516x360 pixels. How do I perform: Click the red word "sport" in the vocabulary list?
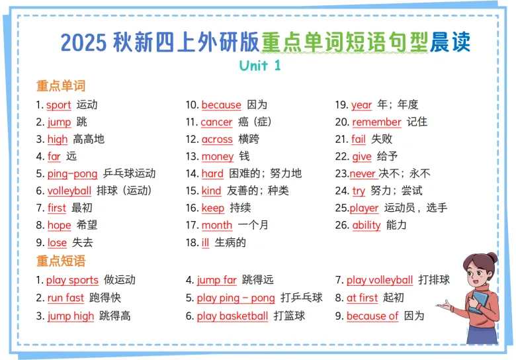point(59,105)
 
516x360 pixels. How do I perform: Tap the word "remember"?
point(376,122)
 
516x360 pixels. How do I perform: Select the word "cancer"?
point(216,122)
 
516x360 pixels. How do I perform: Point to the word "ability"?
point(366,225)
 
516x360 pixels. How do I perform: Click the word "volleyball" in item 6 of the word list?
point(69,191)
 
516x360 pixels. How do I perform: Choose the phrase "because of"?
point(372,316)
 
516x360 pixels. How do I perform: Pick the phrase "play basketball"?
point(232,316)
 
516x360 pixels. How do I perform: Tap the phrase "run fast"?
point(65,298)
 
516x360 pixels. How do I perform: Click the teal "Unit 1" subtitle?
point(259,66)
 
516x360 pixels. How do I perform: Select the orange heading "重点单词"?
point(61,86)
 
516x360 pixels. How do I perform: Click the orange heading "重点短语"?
point(61,261)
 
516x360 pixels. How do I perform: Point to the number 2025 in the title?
point(83,42)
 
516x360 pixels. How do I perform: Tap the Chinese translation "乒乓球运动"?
point(129,173)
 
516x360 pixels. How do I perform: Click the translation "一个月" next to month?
point(253,225)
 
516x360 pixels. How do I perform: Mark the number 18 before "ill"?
point(192,242)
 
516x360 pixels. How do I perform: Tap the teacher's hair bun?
point(492,258)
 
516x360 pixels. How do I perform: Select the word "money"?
point(218,157)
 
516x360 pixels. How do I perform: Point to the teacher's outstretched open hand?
point(445,305)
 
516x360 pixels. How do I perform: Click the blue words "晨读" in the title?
point(450,42)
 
